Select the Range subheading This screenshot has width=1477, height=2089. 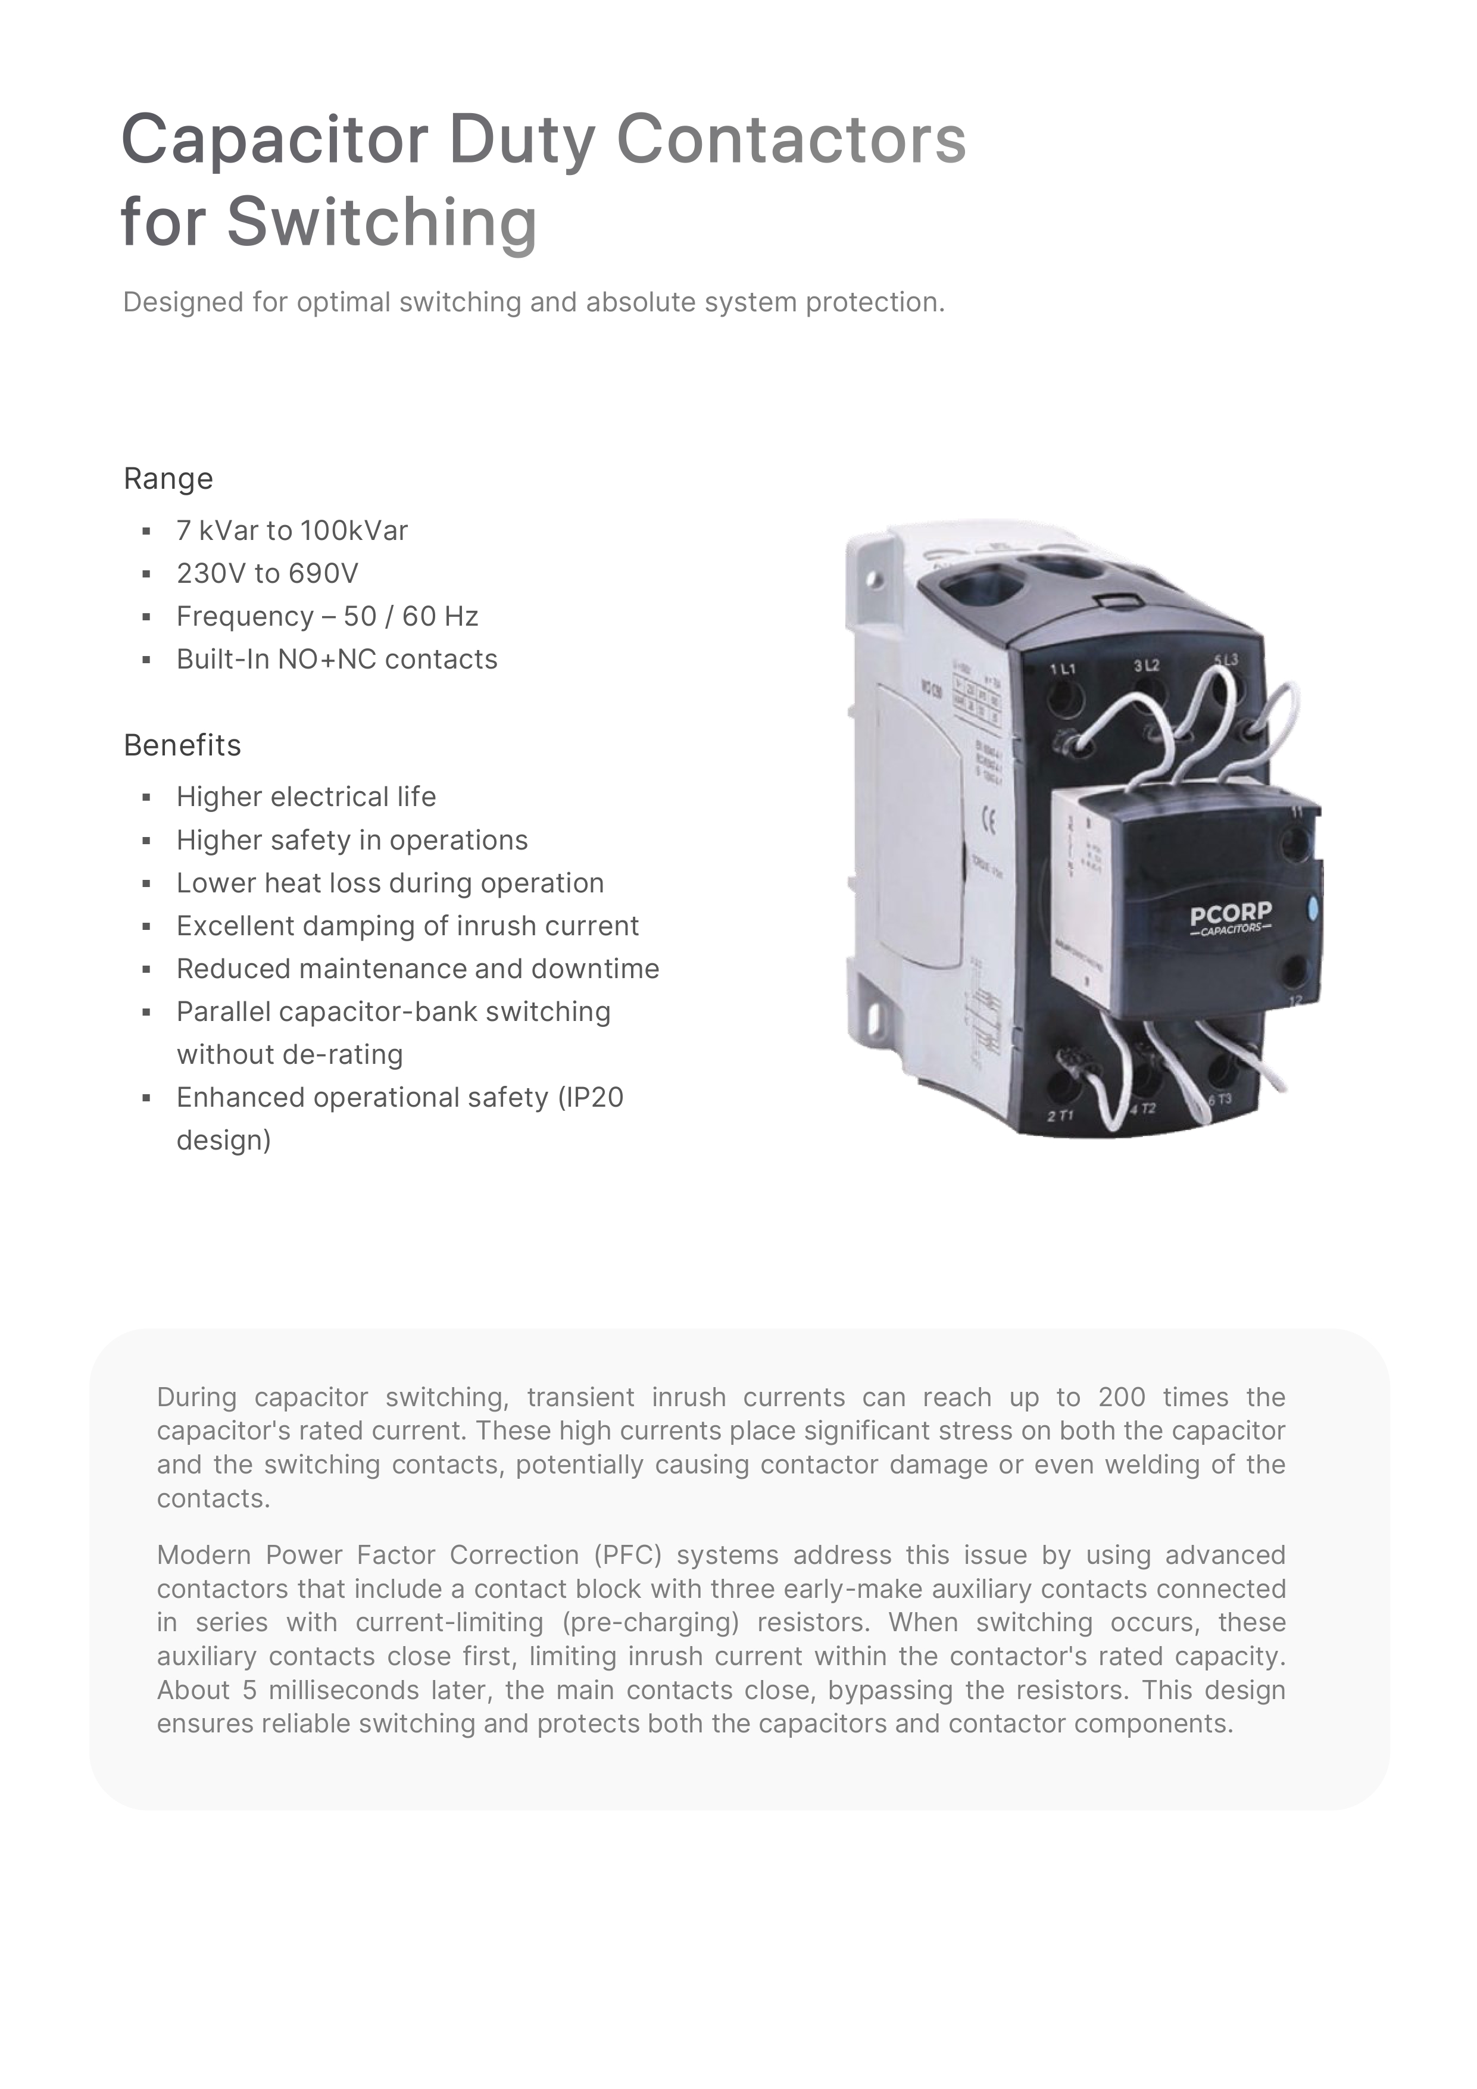click(168, 479)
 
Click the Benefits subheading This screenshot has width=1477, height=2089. click(182, 745)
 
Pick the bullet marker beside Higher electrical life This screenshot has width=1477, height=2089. click(146, 798)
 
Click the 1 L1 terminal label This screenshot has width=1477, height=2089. click(1062, 669)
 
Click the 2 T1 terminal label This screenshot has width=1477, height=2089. click(1060, 1116)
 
